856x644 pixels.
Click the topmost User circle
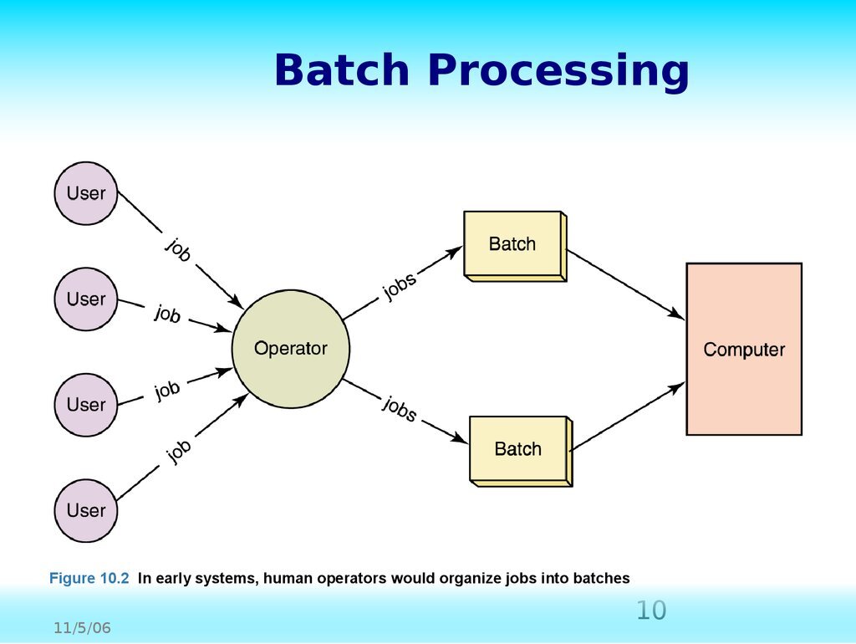[86, 193]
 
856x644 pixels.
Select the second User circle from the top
[86, 299]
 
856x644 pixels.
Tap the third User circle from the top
[86, 405]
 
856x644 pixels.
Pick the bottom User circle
[86, 510]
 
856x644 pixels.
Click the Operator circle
[290, 349]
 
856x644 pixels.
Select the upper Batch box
[512, 244]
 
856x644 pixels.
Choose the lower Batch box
[518, 449]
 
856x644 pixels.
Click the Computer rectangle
[744, 350]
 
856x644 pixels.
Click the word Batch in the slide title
[342, 71]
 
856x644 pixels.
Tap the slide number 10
[651, 611]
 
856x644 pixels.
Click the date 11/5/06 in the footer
[83, 628]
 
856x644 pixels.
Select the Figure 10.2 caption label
[89, 578]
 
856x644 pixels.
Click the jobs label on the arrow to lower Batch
[400, 409]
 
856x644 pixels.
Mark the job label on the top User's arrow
[178, 250]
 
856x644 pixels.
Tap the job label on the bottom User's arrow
[179, 452]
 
